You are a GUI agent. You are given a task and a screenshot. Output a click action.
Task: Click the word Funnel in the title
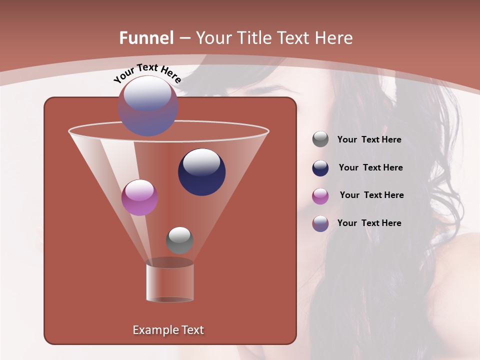pyautogui.click(x=146, y=38)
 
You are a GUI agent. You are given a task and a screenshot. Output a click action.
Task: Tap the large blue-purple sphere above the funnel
pyautogui.click(x=148, y=106)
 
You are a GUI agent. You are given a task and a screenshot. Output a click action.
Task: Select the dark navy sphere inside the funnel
pyautogui.click(x=202, y=172)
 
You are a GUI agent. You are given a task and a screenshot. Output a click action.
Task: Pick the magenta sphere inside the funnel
pyautogui.click(x=140, y=197)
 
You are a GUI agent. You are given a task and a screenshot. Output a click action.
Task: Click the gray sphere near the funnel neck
pyautogui.click(x=179, y=240)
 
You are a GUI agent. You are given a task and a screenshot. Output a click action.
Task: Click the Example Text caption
pyautogui.click(x=168, y=330)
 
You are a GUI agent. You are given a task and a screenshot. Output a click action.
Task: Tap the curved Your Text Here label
pyautogui.click(x=147, y=72)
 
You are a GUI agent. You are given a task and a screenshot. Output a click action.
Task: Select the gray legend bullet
pyautogui.click(x=320, y=139)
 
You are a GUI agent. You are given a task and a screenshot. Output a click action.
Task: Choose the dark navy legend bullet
pyautogui.click(x=320, y=168)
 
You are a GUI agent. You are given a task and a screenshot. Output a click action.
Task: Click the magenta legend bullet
pyautogui.click(x=320, y=196)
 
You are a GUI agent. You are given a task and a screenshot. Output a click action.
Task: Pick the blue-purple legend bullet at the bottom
pyautogui.click(x=320, y=223)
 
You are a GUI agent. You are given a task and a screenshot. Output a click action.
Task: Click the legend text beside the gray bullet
pyautogui.click(x=369, y=139)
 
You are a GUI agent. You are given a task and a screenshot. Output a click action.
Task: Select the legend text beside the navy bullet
pyautogui.click(x=370, y=167)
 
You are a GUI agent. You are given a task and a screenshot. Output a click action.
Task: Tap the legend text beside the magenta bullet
pyautogui.click(x=371, y=195)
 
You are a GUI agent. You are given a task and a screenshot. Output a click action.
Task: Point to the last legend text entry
pyautogui.click(x=369, y=223)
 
